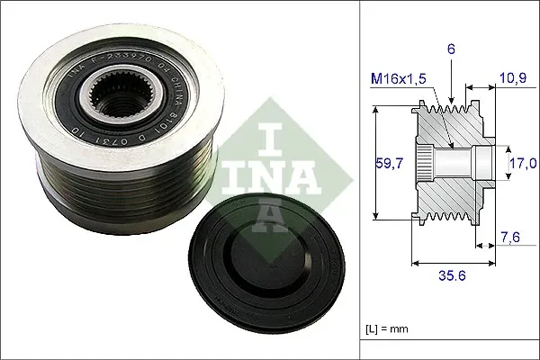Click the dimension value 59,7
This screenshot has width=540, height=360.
click(388, 164)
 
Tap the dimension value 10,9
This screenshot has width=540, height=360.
click(512, 80)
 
